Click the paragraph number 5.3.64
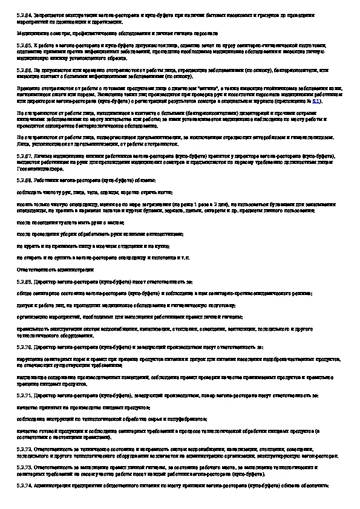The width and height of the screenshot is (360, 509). pos(25,13)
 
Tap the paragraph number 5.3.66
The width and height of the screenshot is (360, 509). pos(25,71)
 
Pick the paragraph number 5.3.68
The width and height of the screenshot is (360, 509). pos(25,180)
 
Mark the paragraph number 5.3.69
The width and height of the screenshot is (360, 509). pos(25,282)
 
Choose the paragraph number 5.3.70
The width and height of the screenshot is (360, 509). pos(25,347)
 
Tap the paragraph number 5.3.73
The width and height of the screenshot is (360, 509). pos(25,468)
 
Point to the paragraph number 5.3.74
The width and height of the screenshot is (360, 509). pos(25,485)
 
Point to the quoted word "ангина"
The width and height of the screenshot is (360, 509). pos(203,88)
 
